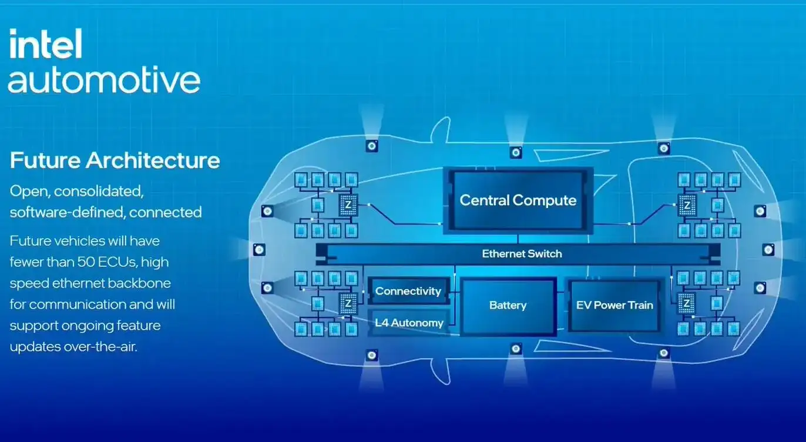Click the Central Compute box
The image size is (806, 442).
tap(518, 200)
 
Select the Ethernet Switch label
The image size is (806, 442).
tap(522, 254)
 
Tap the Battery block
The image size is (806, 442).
tap(508, 306)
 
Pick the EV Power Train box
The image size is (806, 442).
tap(614, 305)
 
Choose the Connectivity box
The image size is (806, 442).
tap(408, 291)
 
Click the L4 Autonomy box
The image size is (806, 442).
tap(408, 322)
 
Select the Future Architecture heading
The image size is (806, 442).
tap(115, 160)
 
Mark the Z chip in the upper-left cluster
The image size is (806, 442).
tap(348, 205)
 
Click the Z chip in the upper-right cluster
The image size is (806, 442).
tap(686, 205)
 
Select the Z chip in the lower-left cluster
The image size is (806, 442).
tap(348, 304)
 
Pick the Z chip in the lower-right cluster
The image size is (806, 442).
tap(686, 304)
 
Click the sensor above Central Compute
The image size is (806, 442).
tap(516, 153)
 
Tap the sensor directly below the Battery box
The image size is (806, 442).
tap(516, 349)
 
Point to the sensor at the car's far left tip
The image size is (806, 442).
tap(259, 250)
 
